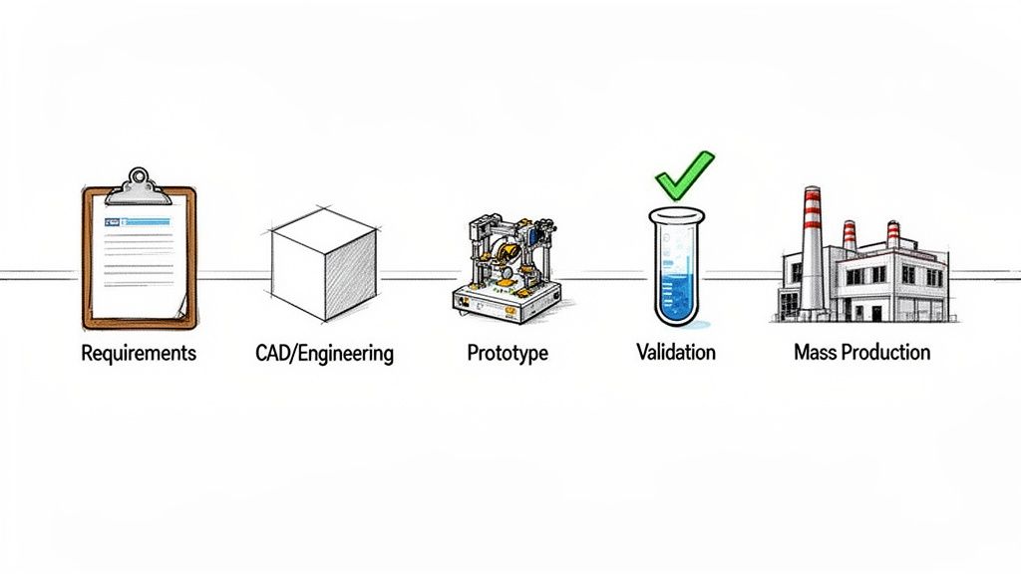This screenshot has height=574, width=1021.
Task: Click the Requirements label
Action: (x=139, y=353)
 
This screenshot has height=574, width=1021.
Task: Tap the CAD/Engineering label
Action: (x=318, y=353)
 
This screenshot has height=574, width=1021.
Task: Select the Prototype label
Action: (x=508, y=353)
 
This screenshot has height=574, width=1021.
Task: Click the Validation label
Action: (x=675, y=353)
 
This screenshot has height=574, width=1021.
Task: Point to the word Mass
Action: (x=817, y=352)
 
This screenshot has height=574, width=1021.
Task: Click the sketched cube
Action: (x=325, y=263)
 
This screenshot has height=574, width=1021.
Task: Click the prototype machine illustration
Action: (x=506, y=264)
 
